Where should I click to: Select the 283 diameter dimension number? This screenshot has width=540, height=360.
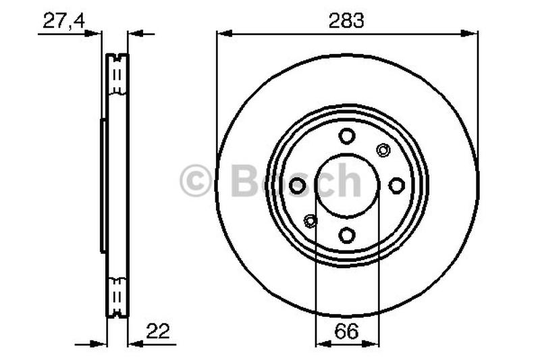pos(346,20)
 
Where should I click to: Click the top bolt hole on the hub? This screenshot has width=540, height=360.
pos(347,136)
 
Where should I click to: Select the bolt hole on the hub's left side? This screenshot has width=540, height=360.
pos(297,185)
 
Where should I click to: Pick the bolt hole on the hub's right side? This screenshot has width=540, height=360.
pos(396,185)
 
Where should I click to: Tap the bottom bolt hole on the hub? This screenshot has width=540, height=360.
pos(347,235)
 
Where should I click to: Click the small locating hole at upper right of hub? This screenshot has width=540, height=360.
pos(383,150)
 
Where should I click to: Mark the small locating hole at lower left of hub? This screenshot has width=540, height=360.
pos(310,220)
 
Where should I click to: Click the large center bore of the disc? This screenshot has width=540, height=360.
pos(347,185)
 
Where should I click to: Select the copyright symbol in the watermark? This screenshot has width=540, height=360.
pos(196,181)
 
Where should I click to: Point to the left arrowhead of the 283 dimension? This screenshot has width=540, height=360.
pos(222,32)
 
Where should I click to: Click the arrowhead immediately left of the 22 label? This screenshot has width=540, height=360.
pos(133,343)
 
